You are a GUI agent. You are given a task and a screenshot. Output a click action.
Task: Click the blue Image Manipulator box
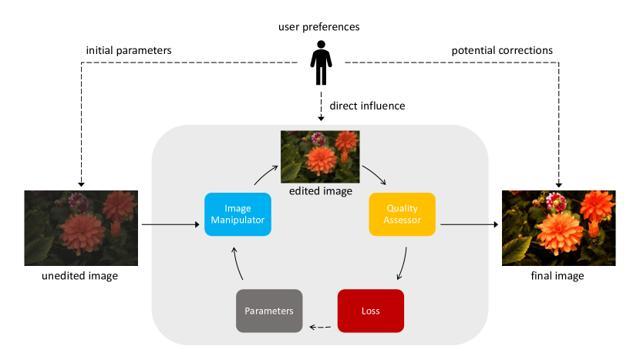pyautogui.click(x=237, y=214)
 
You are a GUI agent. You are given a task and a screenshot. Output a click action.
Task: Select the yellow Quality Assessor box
pyautogui.click(x=402, y=214)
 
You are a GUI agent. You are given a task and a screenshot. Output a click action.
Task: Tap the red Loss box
pyautogui.click(x=371, y=311)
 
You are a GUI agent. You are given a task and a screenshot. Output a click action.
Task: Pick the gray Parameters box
pyautogui.click(x=269, y=311)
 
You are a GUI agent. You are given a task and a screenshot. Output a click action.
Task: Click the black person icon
pyautogui.click(x=322, y=62)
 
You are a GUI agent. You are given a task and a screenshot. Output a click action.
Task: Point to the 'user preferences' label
pyautogui.click(x=318, y=27)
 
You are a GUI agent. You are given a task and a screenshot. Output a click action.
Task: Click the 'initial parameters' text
pyautogui.click(x=129, y=51)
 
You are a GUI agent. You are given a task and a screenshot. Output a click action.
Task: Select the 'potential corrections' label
pyautogui.click(x=502, y=51)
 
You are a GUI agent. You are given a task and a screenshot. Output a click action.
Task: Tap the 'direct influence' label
pyautogui.click(x=367, y=106)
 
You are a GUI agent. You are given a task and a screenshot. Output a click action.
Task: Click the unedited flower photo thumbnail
pyautogui.click(x=81, y=227)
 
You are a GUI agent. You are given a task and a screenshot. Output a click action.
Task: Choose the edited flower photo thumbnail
pyautogui.click(x=320, y=156)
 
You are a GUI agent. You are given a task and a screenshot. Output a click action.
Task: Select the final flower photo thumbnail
pyautogui.click(x=559, y=227)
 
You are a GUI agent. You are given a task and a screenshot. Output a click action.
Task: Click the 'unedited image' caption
pyautogui.click(x=79, y=276)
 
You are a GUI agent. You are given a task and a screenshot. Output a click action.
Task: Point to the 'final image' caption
pyautogui.click(x=557, y=276)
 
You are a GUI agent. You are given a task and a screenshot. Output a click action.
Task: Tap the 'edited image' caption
pyautogui.click(x=321, y=191)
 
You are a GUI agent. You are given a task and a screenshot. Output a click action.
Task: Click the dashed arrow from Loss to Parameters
pyautogui.click(x=321, y=327)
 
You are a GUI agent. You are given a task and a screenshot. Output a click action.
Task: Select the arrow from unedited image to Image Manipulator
pyautogui.click(x=170, y=224)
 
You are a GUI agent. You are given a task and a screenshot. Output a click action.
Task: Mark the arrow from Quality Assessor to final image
pyautogui.click(x=470, y=224)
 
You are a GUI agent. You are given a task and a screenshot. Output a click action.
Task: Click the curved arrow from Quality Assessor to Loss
pyautogui.click(x=403, y=264)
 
